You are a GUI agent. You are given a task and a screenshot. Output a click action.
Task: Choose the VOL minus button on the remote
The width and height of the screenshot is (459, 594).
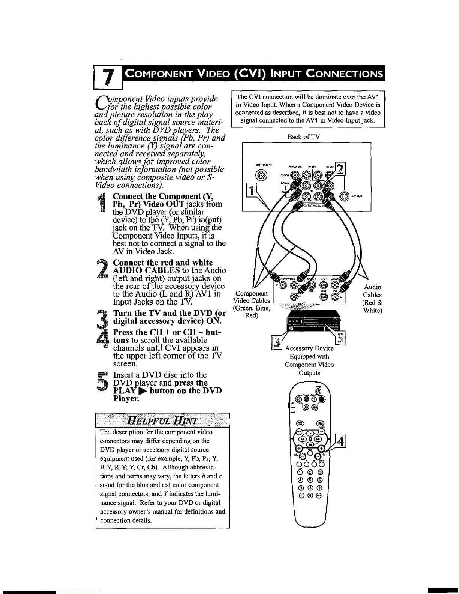tap(299, 456)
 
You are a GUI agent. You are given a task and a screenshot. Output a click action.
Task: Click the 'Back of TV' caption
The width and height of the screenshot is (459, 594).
tap(304, 137)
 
